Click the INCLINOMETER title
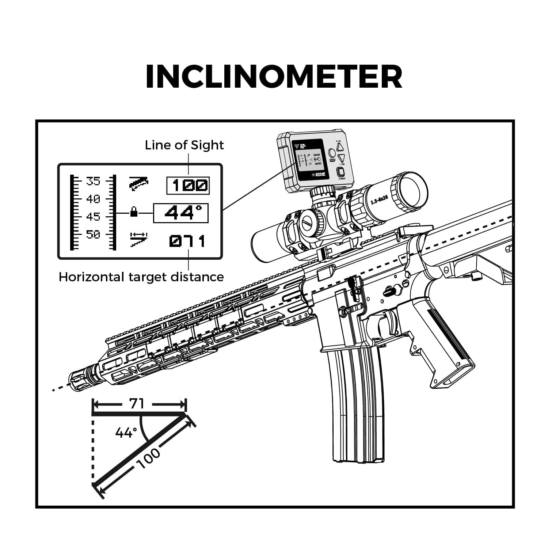[x=274, y=77]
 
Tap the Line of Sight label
[x=184, y=145]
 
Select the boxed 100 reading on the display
[x=188, y=186]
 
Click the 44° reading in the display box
[x=181, y=213]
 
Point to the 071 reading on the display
[x=187, y=241]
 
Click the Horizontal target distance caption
[x=141, y=277]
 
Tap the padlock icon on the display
[x=134, y=212]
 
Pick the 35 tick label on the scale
[x=93, y=181]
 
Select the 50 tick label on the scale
[x=93, y=234]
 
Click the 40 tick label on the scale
[x=93, y=199]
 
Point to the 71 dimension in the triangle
[x=137, y=404]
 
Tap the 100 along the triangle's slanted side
[x=149, y=458]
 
